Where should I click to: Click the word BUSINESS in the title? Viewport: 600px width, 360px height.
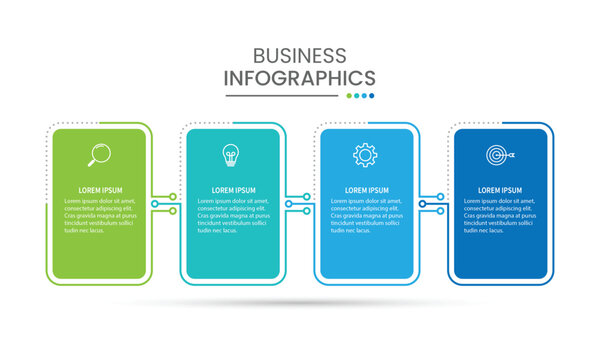click(x=299, y=56)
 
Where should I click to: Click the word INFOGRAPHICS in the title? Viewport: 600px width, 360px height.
click(x=300, y=78)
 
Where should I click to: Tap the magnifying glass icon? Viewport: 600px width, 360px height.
click(x=99, y=154)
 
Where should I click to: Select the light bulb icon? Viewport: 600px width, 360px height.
click(x=231, y=155)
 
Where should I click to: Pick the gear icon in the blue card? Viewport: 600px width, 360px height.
click(x=364, y=155)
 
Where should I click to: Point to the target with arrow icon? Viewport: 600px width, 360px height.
click(x=498, y=155)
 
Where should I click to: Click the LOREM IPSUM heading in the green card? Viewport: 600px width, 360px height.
click(x=99, y=190)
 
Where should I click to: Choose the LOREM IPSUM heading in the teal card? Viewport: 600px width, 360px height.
click(x=233, y=190)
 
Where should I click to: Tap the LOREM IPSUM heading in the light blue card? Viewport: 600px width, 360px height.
click(x=366, y=190)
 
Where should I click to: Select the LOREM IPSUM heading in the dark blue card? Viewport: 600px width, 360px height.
click(x=499, y=190)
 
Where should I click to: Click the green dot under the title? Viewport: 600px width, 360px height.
click(x=348, y=96)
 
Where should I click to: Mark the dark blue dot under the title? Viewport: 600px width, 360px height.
click(x=372, y=96)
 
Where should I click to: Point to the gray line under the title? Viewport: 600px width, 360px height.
click(x=281, y=96)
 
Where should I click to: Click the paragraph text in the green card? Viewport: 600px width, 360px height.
click(x=99, y=215)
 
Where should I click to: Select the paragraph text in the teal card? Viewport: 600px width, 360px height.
click(x=233, y=215)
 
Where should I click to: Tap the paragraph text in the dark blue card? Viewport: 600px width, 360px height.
click(x=499, y=215)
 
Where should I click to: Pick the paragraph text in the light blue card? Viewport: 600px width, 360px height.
click(x=366, y=215)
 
